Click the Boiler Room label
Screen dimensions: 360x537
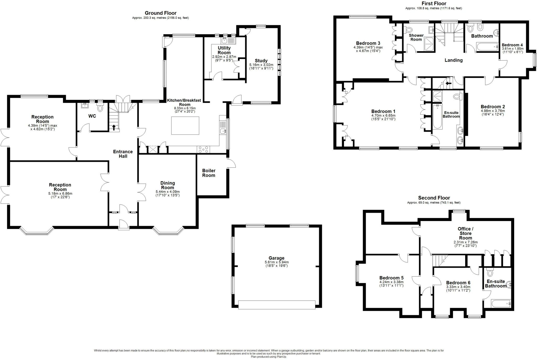pos(209,173)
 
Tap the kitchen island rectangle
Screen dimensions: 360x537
pos(185,126)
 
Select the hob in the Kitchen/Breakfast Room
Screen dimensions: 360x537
pos(203,149)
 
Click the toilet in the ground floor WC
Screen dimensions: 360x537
pos(100,108)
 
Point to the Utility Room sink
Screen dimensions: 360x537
pos(224,41)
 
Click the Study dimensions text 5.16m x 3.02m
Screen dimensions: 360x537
pos(261,65)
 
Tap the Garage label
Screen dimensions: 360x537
pos(276,258)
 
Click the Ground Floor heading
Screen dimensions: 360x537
pos(160,13)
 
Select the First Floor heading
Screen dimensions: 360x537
pos(434,3)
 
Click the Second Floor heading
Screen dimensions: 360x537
pos(434,198)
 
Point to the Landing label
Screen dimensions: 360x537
pos(453,60)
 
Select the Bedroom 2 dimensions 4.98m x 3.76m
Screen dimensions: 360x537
pos(493,111)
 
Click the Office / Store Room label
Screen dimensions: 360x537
pos(465,233)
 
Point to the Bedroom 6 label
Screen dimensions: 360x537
pos(458,283)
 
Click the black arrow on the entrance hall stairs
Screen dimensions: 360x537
pos(114,127)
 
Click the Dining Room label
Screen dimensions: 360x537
pos(168,185)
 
